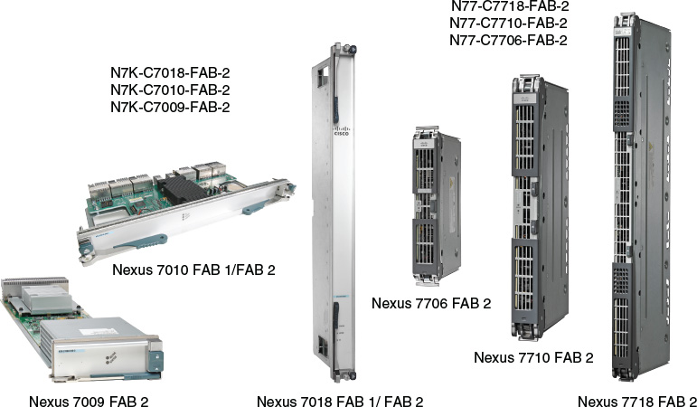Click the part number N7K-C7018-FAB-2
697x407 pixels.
click(x=169, y=72)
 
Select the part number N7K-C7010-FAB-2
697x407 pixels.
click(x=169, y=90)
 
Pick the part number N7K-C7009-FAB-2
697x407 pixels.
click(x=169, y=107)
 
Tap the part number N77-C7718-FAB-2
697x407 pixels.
click(x=509, y=6)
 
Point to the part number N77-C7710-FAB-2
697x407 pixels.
click(x=509, y=23)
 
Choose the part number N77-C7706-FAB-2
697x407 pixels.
click(x=509, y=40)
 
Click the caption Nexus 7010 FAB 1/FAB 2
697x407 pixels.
click(x=194, y=270)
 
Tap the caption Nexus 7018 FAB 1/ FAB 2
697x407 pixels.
click(x=340, y=402)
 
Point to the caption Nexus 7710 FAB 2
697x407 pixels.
click(x=533, y=357)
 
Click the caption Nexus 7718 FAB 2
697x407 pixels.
click(x=636, y=402)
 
